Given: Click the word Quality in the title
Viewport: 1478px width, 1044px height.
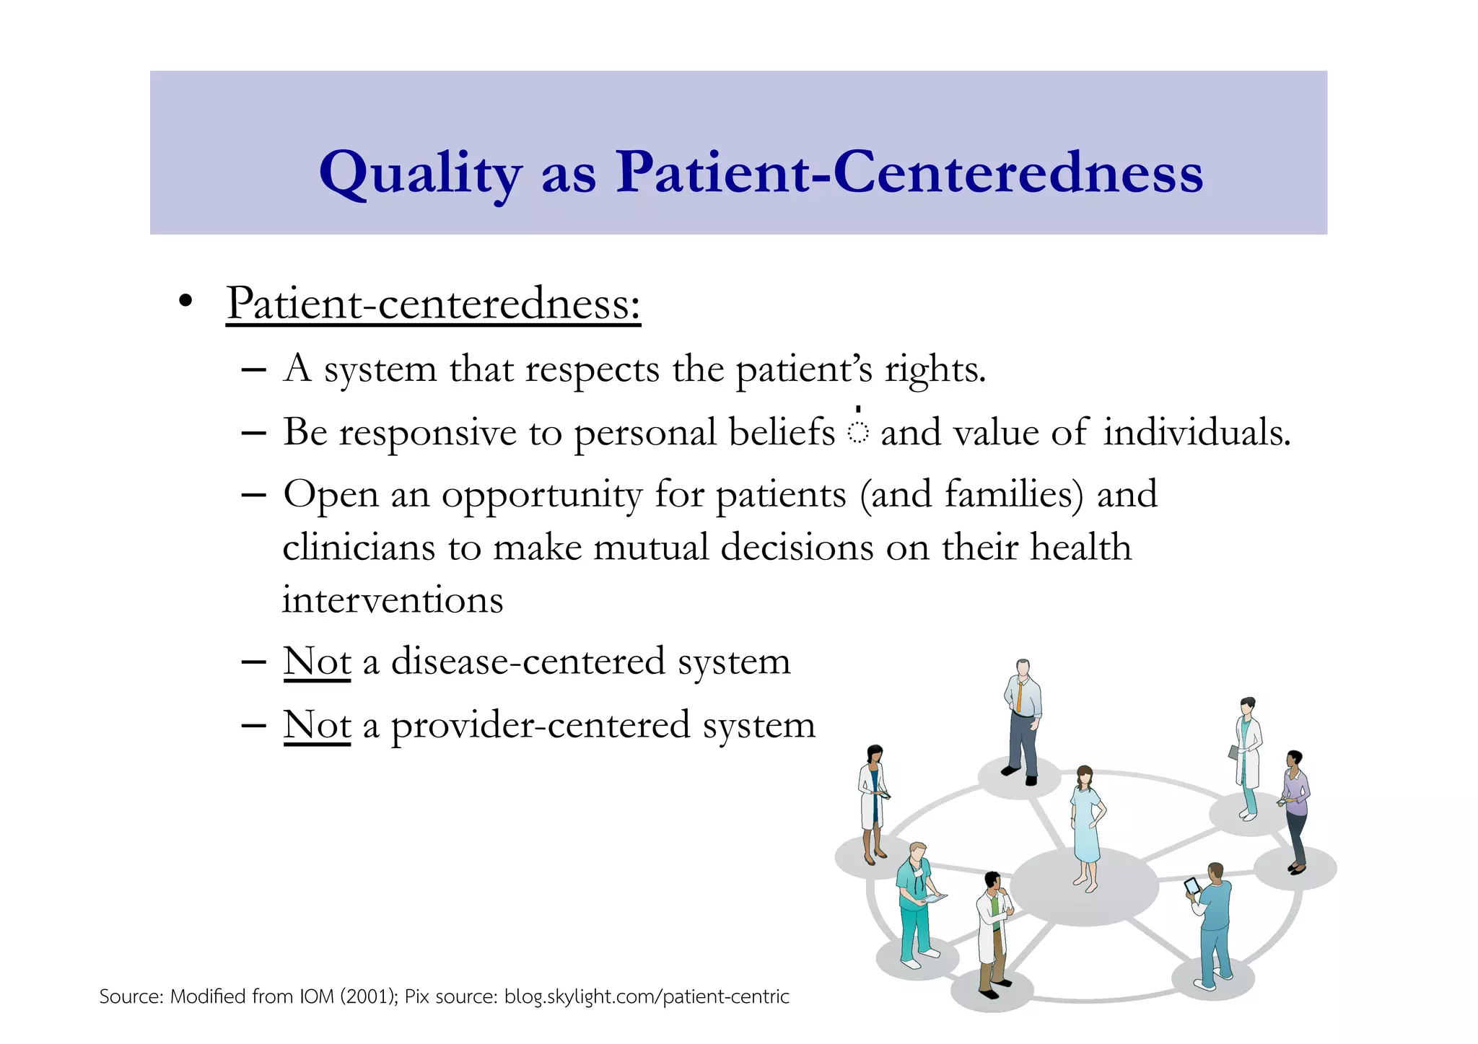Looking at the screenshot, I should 420,173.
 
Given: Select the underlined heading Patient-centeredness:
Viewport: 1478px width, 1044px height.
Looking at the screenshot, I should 433,303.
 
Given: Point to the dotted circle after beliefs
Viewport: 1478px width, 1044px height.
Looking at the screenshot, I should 857,432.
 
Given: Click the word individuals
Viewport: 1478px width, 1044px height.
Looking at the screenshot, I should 1196,432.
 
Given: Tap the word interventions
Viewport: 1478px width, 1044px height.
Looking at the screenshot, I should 393,600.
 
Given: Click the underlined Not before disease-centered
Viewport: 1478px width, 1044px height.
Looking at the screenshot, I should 317,661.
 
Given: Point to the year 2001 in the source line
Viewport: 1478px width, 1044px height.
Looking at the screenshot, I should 367,996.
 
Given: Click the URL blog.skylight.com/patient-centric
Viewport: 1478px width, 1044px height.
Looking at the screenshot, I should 647,996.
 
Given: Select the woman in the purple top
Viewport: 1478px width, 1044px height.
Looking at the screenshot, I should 1295,808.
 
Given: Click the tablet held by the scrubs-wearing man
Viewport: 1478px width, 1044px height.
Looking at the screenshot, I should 1192,886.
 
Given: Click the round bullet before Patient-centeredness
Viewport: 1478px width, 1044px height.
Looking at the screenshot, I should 185,302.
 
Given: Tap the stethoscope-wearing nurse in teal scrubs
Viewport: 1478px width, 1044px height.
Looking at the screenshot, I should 915,902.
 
